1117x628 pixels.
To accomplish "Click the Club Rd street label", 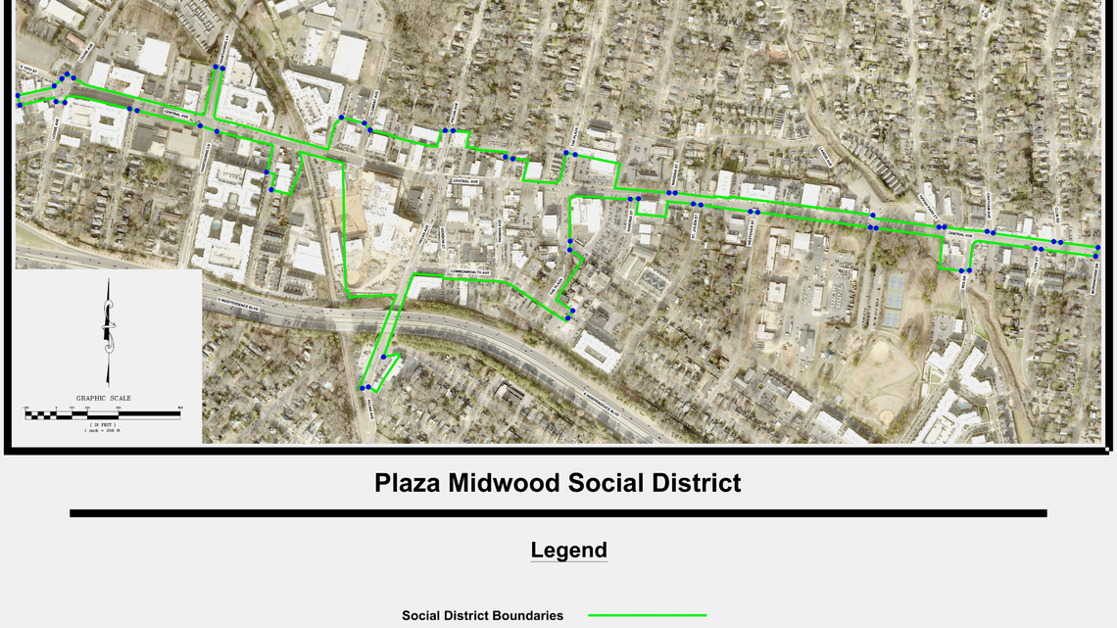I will pyautogui.click(x=1056, y=217).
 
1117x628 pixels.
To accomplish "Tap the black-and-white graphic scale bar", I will pyautogui.click(x=103, y=414).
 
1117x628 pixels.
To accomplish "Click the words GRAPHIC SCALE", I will pyautogui.click(x=103, y=399).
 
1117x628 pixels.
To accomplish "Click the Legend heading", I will pyautogui.click(x=568, y=550).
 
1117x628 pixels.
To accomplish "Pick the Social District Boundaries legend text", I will pyautogui.click(x=482, y=615).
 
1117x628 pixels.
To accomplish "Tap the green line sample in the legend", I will pyautogui.click(x=647, y=615).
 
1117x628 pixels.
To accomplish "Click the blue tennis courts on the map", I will pyautogui.click(x=894, y=299).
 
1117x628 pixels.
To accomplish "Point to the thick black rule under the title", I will pyautogui.click(x=558, y=513).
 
